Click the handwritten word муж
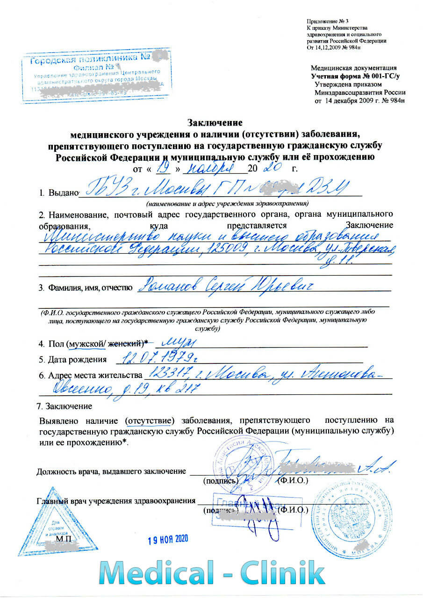coord(178,343)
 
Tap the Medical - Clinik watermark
coord(212,574)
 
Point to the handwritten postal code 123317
coord(166,374)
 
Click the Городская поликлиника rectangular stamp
coord(95,78)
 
